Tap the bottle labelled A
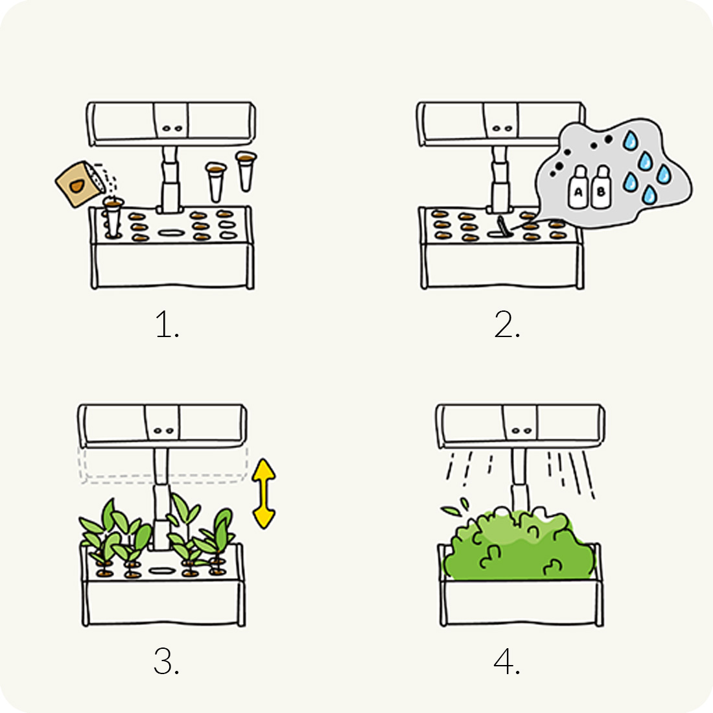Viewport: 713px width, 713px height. tap(578, 187)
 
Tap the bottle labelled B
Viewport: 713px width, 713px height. tap(601, 187)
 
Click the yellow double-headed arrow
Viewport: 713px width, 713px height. tap(264, 493)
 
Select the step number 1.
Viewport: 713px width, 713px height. tap(167, 324)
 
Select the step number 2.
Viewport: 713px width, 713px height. tap(507, 324)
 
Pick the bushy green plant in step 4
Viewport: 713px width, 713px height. tap(519, 546)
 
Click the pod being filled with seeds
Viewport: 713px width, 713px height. tap(112, 217)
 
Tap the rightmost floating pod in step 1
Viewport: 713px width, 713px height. tap(246, 171)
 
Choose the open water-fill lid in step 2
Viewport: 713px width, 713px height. tap(502, 226)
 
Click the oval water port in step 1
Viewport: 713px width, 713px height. tap(171, 233)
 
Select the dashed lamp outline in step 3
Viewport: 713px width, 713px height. tap(164, 465)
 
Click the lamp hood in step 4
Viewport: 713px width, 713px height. tap(520, 426)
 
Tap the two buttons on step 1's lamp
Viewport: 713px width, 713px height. tap(172, 129)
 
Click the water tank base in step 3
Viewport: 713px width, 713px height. tap(163, 601)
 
